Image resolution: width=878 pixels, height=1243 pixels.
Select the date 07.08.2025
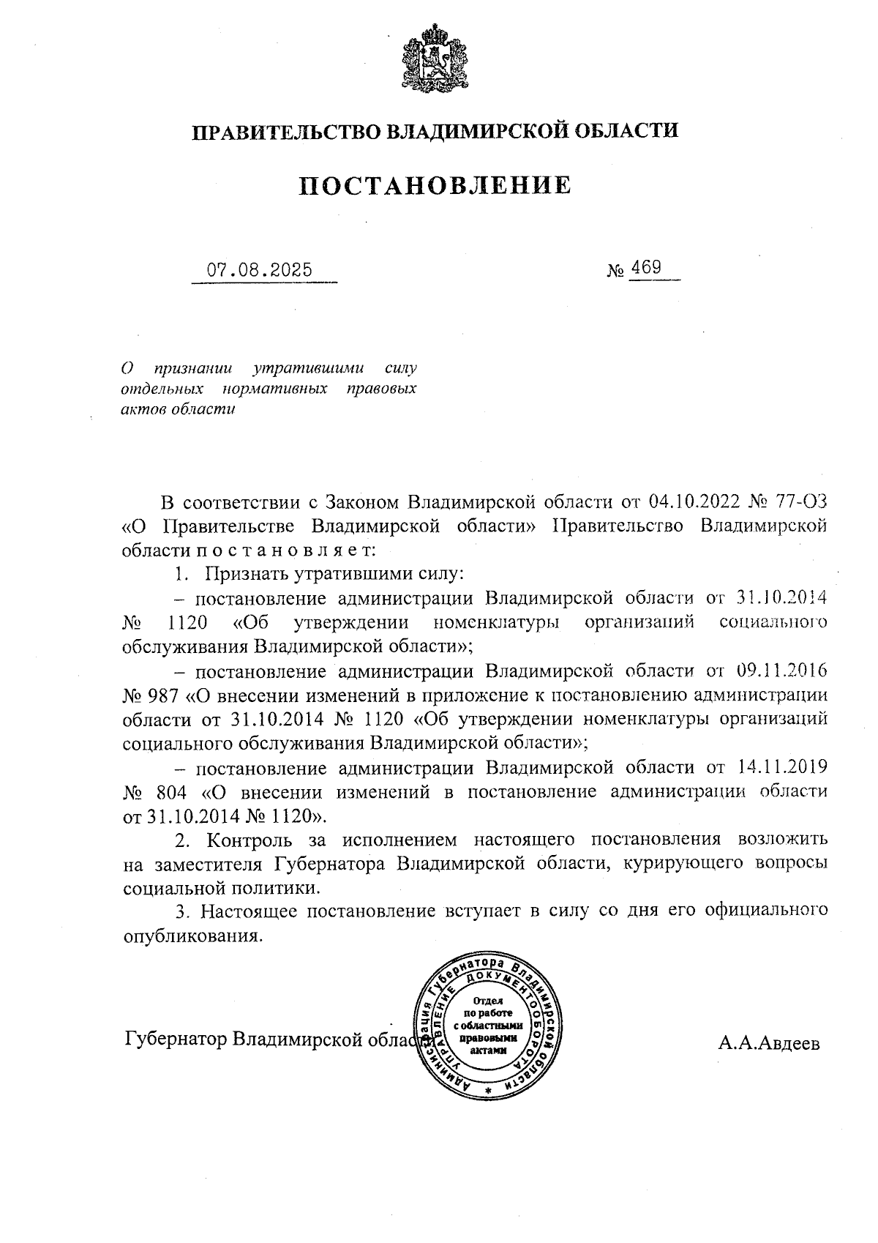click(x=259, y=269)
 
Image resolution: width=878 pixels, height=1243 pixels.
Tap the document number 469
click(x=646, y=267)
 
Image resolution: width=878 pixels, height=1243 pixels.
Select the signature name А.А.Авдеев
click(x=769, y=1043)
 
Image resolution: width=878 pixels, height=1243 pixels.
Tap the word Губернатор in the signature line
click(x=174, y=1039)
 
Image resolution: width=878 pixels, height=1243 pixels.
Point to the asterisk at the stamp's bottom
click(x=488, y=1091)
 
